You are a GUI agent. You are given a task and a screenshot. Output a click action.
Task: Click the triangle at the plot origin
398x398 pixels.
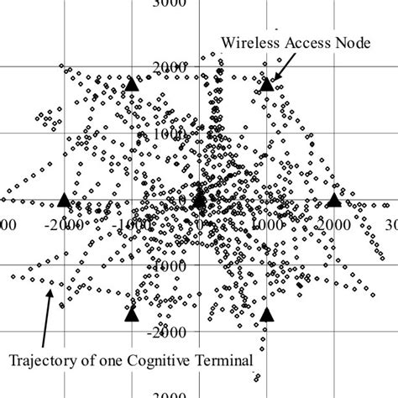pyautogui.click(x=199, y=200)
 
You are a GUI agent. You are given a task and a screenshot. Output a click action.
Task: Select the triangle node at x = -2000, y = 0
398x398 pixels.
pyautogui.click(x=65, y=200)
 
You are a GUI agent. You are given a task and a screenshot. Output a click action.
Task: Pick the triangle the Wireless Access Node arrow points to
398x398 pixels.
pyautogui.click(x=267, y=84)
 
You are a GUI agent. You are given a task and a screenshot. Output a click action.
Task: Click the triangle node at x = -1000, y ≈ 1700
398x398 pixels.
pyautogui.click(x=132, y=84)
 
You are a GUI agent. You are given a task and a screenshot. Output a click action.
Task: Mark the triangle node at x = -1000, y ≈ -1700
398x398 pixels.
pyautogui.click(x=132, y=314)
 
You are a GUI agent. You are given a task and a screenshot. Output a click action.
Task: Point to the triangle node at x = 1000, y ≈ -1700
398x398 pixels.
pyautogui.click(x=267, y=315)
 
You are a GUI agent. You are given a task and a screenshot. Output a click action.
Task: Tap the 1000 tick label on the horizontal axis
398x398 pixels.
pyautogui.click(x=268, y=226)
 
